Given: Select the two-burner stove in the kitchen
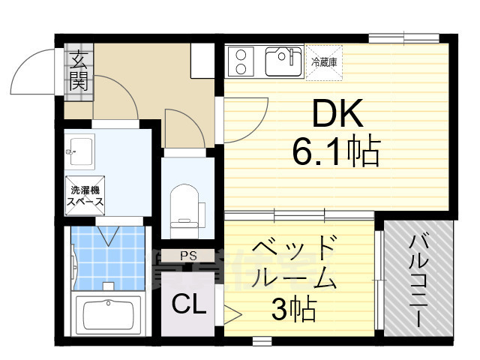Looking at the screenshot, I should pyautogui.click(x=243, y=60).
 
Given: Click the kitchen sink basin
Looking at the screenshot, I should pyautogui.click(x=282, y=60).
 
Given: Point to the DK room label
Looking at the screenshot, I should pyautogui.click(x=337, y=116).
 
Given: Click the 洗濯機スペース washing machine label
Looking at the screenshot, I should pyautogui.click(x=85, y=196).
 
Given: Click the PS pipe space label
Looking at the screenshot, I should pyautogui.click(x=188, y=256).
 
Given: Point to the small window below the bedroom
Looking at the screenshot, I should pyautogui.click(x=262, y=341).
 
